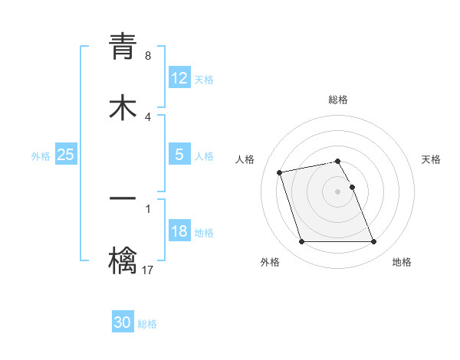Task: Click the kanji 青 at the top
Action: tap(123, 47)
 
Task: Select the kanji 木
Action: tap(123, 106)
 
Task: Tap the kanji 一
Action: tap(123, 201)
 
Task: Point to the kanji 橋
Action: tap(123, 260)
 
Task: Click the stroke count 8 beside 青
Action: tap(147, 56)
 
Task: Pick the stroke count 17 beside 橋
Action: tap(149, 270)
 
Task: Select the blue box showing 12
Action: tap(179, 78)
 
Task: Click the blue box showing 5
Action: tap(179, 155)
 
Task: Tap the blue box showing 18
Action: tap(179, 231)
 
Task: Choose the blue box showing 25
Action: tap(65, 155)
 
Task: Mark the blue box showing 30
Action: tap(123, 323)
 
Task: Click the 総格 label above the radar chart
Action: tap(338, 100)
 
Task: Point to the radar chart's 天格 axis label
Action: tap(431, 159)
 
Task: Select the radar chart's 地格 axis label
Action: tap(402, 262)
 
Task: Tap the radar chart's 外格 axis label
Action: tap(270, 262)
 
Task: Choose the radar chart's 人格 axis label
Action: tap(245, 159)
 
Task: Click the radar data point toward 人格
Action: tap(280, 172)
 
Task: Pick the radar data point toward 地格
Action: tap(373, 242)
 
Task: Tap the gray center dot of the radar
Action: tap(338, 191)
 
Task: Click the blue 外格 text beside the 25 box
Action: tap(41, 155)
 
